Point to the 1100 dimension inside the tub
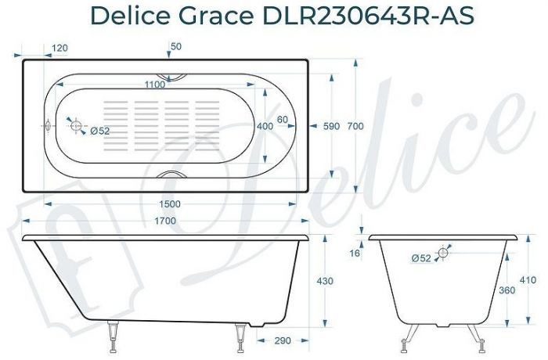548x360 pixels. click(x=159, y=85)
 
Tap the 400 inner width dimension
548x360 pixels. click(x=265, y=126)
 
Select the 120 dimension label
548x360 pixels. click(x=59, y=49)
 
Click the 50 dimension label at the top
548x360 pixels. click(x=175, y=47)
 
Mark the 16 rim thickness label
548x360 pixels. click(x=355, y=254)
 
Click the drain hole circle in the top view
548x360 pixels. click(x=76, y=125)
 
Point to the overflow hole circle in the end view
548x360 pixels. click(x=443, y=253)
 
